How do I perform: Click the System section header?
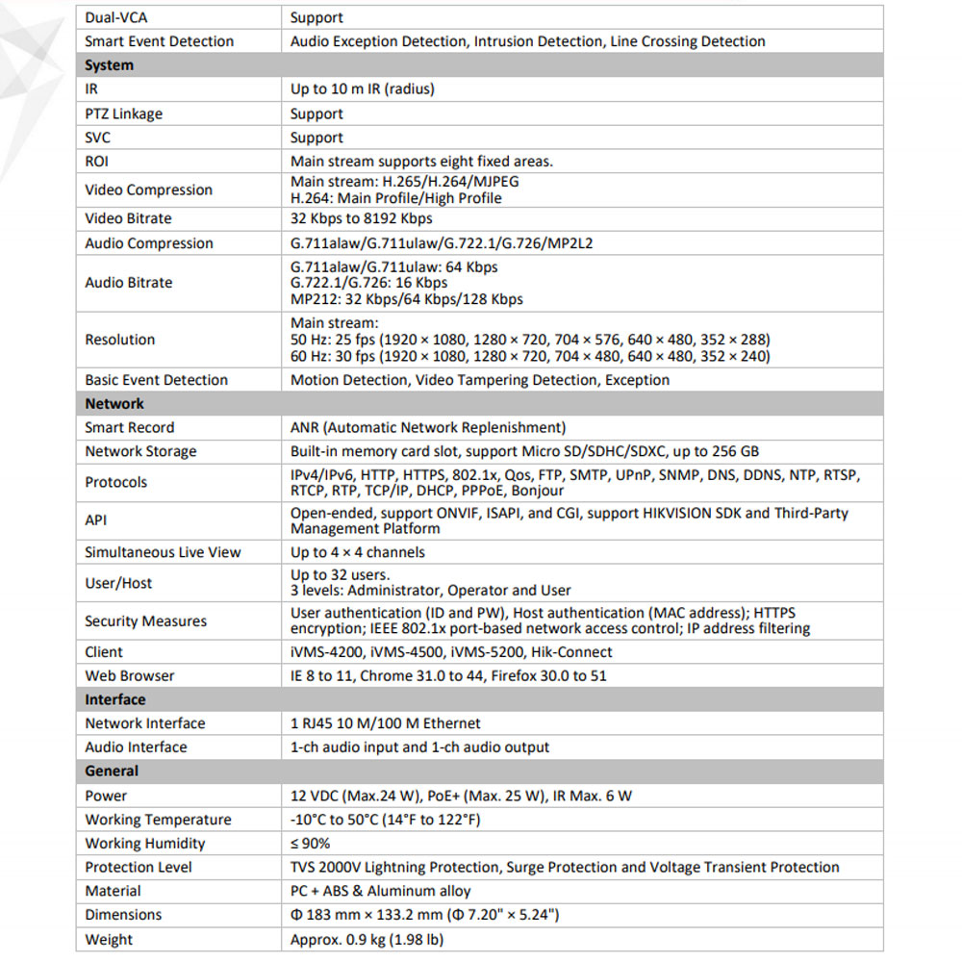(109, 65)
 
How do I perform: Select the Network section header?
(114, 404)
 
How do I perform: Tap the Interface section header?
(115, 699)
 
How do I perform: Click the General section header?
(112, 771)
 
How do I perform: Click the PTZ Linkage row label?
(123, 114)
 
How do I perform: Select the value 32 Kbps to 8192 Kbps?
(362, 218)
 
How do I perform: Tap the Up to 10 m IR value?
(363, 89)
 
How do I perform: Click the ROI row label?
(97, 162)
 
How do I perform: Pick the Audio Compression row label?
(149, 243)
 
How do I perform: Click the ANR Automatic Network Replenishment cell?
(428, 427)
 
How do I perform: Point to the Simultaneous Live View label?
(163, 552)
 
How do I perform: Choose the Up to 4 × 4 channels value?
(358, 552)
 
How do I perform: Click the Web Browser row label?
(130, 675)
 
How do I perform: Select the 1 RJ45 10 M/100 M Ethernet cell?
(386, 723)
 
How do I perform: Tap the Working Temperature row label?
(158, 820)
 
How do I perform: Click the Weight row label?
(109, 940)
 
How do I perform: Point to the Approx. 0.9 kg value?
(367, 940)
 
